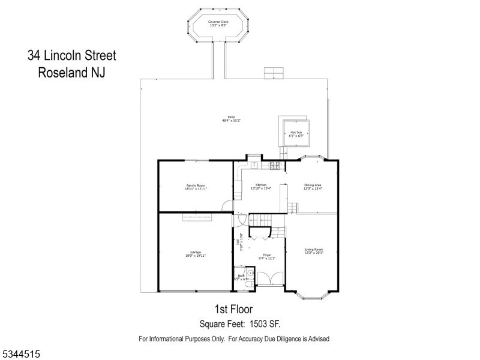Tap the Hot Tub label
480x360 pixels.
[296, 133]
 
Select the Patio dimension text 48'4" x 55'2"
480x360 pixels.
[230, 121]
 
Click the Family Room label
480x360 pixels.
[196, 185]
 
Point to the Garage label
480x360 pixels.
[196, 252]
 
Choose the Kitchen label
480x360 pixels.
[261, 185]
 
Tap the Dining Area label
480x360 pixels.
[313, 185]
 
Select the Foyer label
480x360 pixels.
[266, 255]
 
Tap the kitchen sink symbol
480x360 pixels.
[254, 164]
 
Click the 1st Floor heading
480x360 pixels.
[230, 309]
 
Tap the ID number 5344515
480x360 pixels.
[21, 355]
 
